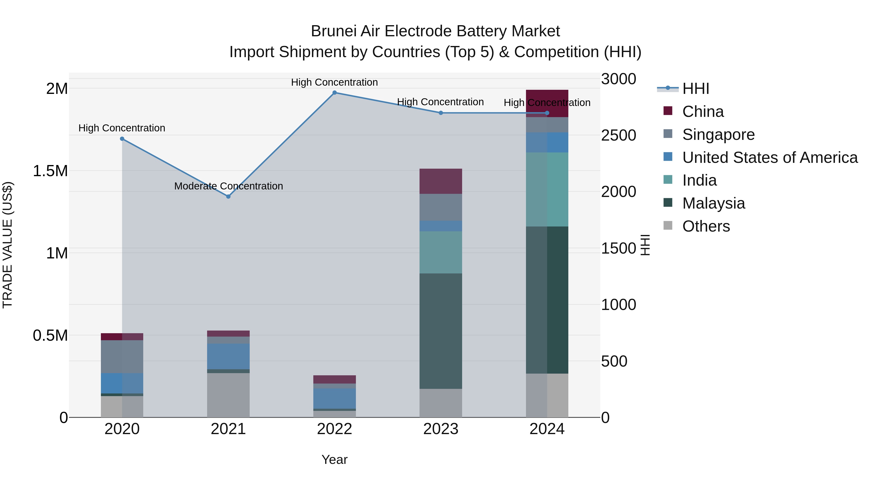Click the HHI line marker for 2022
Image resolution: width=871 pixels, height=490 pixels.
(x=334, y=93)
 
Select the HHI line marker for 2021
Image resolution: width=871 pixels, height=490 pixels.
(x=228, y=196)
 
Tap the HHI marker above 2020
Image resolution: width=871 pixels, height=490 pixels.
(x=122, y=139)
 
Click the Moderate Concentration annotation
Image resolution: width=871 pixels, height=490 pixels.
(x=229, y=186)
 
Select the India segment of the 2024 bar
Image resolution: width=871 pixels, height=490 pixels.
(x=547, y=189)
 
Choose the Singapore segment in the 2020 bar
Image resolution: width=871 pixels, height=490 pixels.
(x=122, y=356)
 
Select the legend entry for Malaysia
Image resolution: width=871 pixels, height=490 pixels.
(x=713, y=203)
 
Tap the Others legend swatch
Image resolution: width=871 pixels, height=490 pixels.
(x=668, y=226)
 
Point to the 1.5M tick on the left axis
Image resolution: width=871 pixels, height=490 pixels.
(x=50, y=171)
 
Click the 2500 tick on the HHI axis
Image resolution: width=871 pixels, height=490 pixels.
(x=618, y=135)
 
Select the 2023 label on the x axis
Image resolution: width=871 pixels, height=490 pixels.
(x=441, y=429)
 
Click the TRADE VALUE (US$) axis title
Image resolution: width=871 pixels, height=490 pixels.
(x=8, y=245)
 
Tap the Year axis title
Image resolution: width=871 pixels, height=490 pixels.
(x=334, y=460)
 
